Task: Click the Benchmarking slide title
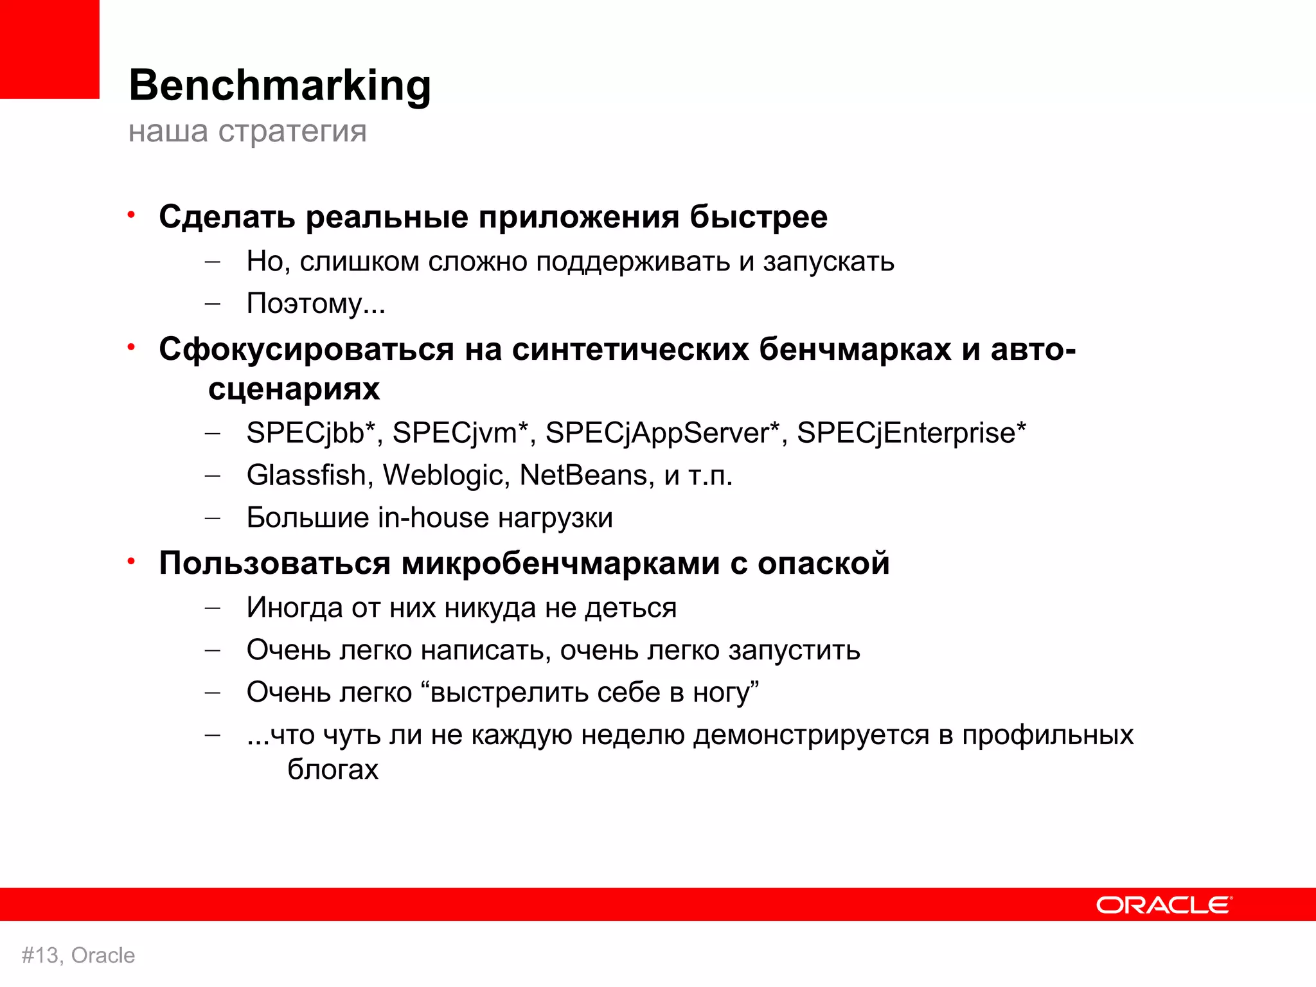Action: click(x=280, y=85)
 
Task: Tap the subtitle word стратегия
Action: click(x=292, y=132)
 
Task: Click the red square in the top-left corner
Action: click(x=49, y=49)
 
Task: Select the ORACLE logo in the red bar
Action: click(x=1164, y=905)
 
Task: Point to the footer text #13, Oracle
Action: click(x=78, y=956)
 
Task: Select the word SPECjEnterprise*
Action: click(x=911, y=433)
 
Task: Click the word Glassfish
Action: click(x=307, y=476)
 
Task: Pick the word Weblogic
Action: click(x=443, y=476)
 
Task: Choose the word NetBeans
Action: click(x=582, y=476)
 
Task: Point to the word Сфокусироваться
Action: click(x=307, y=350)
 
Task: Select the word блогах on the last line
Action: click(x=333, y=769)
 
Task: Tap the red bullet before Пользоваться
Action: click(x=131, y=562)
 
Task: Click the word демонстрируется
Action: click(x=811, y=735)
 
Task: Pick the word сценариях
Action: click(x=294, y=389)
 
